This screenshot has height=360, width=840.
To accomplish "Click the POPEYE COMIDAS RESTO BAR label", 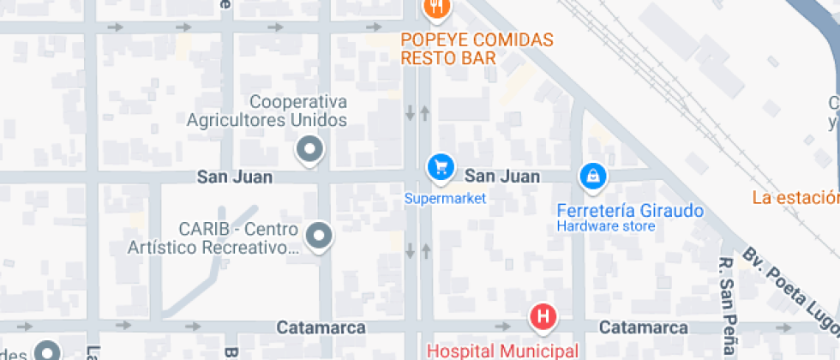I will [x=477, y=49].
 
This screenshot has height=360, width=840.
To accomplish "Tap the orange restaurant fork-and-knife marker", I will [x=438, y=8].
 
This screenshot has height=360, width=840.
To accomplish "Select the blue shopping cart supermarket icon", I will [x=441, y=166].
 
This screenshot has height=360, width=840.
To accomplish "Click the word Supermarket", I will [x=445, y=199].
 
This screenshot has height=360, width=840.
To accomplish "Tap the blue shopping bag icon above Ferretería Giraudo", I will [x=592, y=177].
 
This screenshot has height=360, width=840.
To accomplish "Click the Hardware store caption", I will [x=606, y=226].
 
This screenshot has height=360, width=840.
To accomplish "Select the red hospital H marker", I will [x=542, y=317].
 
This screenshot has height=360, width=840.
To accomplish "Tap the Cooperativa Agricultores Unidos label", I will [x=267, y=111].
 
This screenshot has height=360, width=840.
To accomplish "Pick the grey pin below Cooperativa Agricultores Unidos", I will [x=309, y=150].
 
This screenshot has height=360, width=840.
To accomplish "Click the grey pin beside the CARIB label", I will [x=320, y=234].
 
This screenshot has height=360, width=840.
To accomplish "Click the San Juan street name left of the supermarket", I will [x=235, y=177].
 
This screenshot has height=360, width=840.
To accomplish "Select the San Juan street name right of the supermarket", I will [x=502, y=177].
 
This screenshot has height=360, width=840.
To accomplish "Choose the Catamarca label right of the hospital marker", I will [x=643, y=327].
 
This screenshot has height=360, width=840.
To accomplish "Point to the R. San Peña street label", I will [x=727, y=307].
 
